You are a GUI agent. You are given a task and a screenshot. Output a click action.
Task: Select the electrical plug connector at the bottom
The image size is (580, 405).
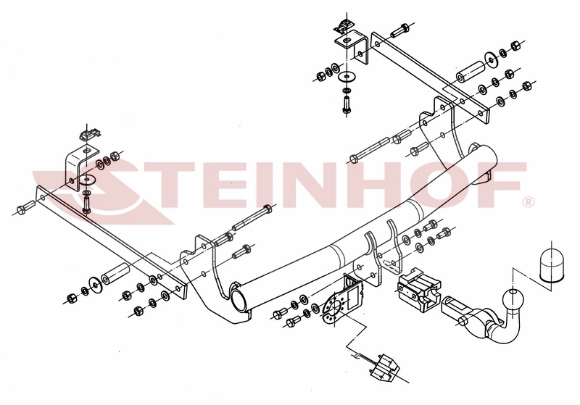[385, 367]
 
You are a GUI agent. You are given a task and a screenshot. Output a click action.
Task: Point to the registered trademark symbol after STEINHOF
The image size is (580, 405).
[529, 201]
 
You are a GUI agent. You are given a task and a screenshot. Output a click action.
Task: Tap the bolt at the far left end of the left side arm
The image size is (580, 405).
[25, 208]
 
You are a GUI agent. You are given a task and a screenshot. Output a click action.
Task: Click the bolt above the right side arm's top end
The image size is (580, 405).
[400, 30]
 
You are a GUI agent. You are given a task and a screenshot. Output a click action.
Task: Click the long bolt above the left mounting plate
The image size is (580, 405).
[252, 218]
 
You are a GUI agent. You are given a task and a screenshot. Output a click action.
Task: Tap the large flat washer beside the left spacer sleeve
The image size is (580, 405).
[96, 285]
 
